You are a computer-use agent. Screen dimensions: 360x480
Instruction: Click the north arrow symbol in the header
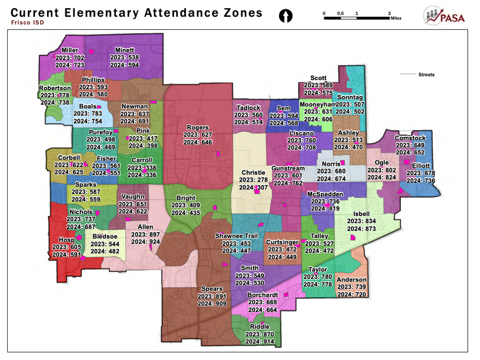(x=286, y=16)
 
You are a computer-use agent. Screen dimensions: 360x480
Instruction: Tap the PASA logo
(x=444, y=16)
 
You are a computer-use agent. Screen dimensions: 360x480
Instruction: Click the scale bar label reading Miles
(x=396, y=18)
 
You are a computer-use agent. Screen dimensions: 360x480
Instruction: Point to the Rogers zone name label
(x=198, y=128)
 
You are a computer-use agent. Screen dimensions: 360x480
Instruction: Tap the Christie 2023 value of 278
(x=261, y=180)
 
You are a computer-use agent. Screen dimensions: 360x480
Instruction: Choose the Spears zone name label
(x=212, y=289)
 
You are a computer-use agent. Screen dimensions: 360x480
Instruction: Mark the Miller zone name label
(x=70, y=50)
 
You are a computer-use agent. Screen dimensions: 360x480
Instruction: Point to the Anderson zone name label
(x=352, y=280)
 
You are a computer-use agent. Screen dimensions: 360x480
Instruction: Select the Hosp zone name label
(x=66, y=240)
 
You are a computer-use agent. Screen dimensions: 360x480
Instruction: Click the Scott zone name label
(x=319, y=78)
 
